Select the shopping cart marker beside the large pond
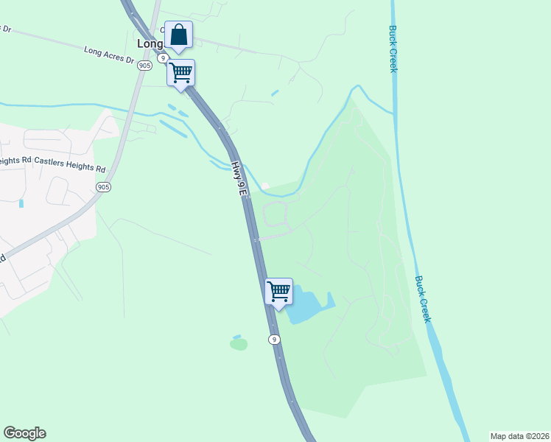(278, 292)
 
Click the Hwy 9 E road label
(236, 180)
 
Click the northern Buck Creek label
(393, 49)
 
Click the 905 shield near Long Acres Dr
(144, 65)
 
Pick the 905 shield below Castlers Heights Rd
(103, 188)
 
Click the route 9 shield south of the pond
(274, 339)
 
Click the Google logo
(24, 433)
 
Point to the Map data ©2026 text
(519, 436)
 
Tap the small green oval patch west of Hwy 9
(238, 343)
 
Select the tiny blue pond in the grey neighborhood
(21, 203)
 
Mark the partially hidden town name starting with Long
(150, 43)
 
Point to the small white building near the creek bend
(266, 186)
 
